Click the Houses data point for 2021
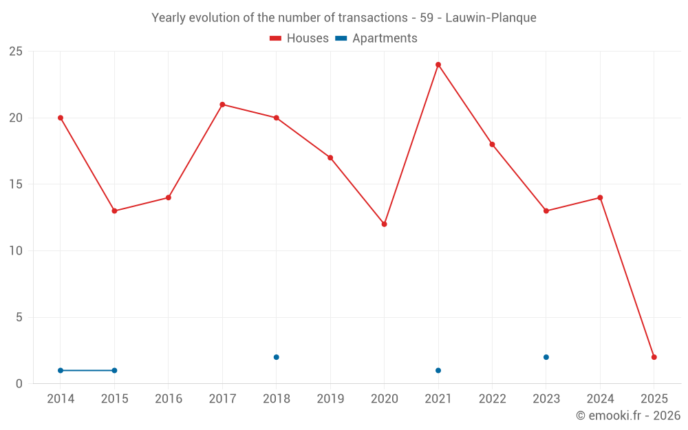click(438, 65)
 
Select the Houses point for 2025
click(654, 357)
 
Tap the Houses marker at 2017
click(222, 105)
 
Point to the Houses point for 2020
click(384, 224)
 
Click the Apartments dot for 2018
click(277, 357)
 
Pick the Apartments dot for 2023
click(546, 357)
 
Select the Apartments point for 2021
click(438, 370)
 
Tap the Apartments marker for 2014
click(61, 370)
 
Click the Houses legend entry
click(299, 39)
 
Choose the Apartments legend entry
click(376, 39)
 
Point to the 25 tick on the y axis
click(15, 52)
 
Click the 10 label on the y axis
click(15, 251)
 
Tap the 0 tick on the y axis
click(19, 384)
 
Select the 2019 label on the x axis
click(330, 399)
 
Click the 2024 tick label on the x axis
click(600, 399)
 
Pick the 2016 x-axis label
click(169, 399)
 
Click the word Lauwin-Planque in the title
click(491, 18)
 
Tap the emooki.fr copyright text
click(628, 416)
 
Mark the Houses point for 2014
click(61, 118)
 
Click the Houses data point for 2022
click(492, 144)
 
